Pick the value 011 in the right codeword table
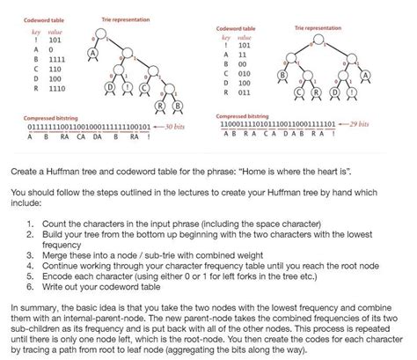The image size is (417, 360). pyautogui.click(x=243, y=92)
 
